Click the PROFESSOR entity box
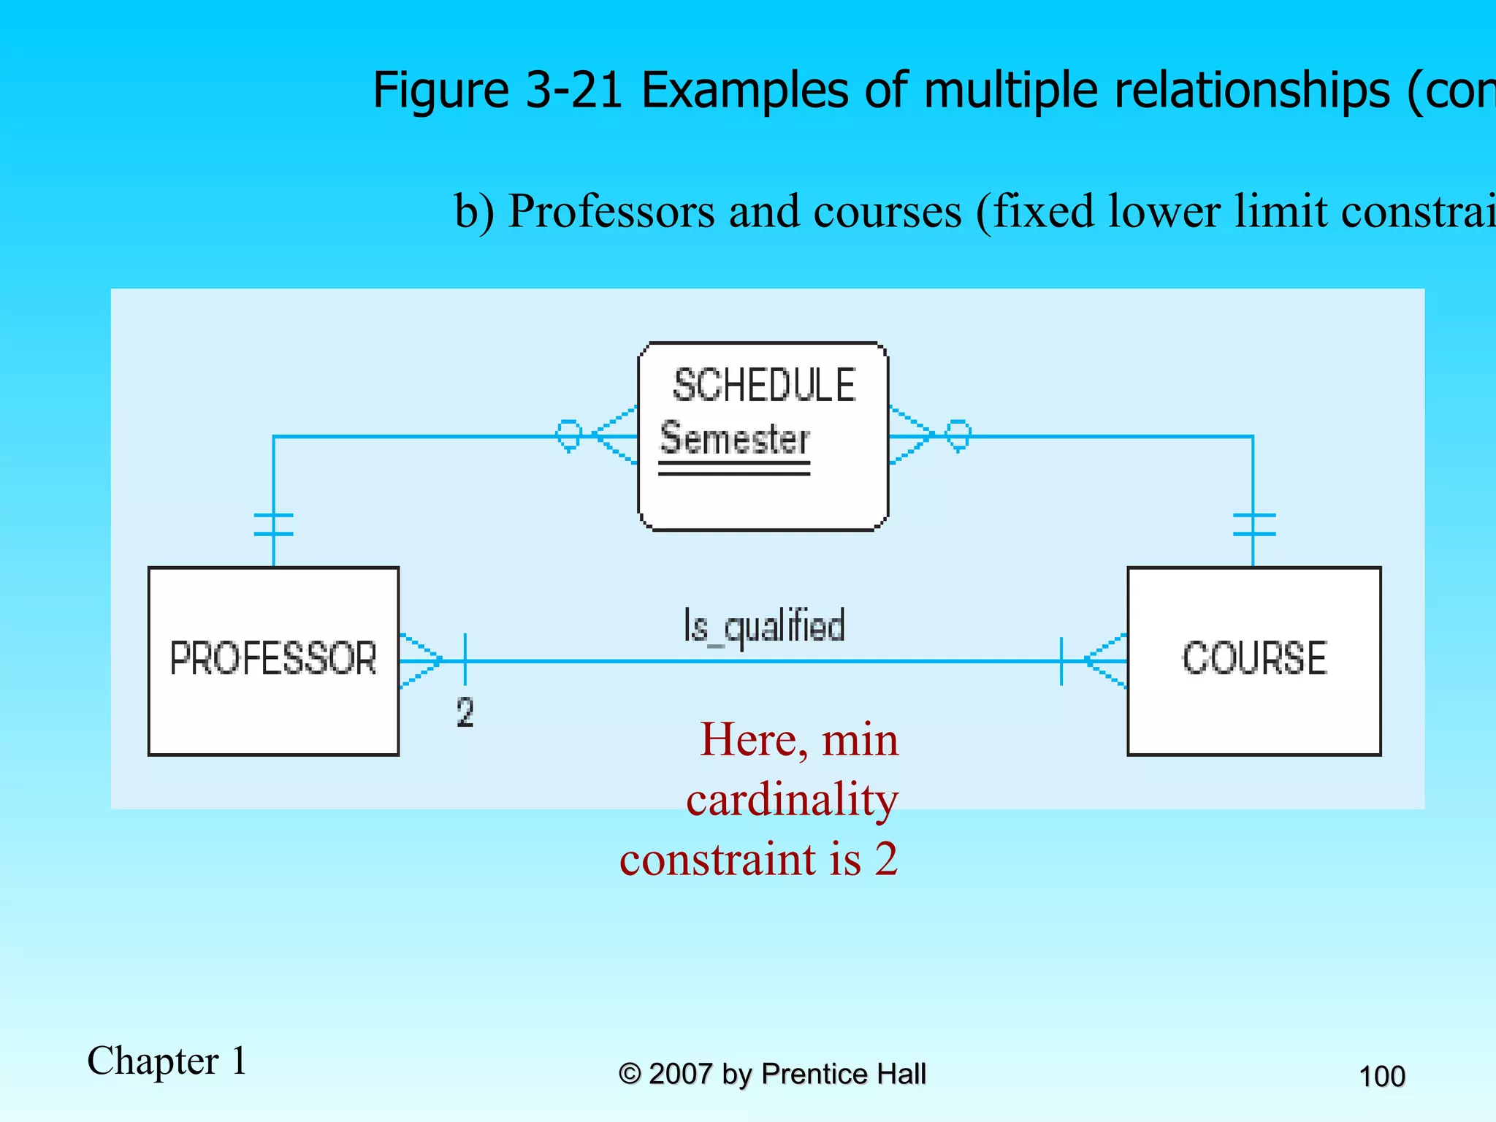(273, 660)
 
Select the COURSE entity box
(1253, 660)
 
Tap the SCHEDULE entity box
(763, 436)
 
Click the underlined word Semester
(735, 440)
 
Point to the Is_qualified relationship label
(764, 627)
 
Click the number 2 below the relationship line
(465, 712)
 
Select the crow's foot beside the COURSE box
(1106, 660)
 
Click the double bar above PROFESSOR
(274, 524)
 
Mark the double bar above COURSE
(1253, 524)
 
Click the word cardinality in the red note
(792, 799)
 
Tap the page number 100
(1381, 1076)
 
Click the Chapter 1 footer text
(167, 1061)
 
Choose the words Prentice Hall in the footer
(843, 1074)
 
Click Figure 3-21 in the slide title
(497, 90)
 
